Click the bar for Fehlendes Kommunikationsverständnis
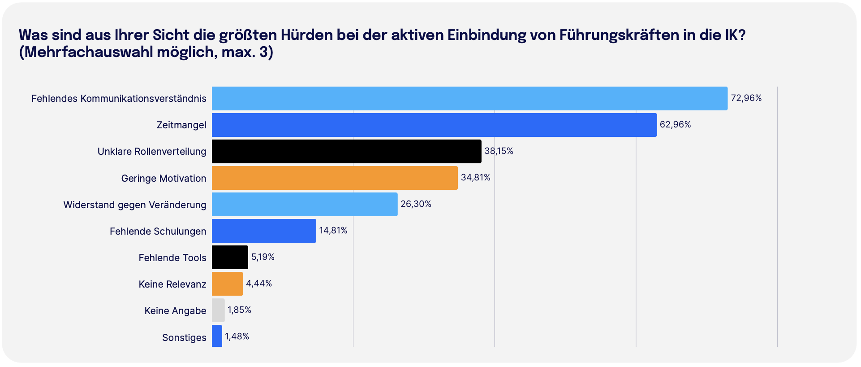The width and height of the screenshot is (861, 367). pyautogui.click(x=469, y=98)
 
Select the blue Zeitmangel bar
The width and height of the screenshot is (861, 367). pyautogui.click(x=434, y=125)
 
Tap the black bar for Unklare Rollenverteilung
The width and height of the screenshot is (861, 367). pyautogui.click(x=346, y=151)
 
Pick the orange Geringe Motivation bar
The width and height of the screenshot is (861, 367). pyautogui.click(x=335, y=178)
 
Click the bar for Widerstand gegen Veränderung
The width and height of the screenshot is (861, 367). pyautogui.click(x=305, y=204)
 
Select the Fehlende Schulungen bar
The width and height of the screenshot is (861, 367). pyautogui.click(x=264, y=231)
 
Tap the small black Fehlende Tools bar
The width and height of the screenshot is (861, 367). pyautogui.click(x=230, y=257)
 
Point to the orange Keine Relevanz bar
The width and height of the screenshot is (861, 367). pyautogui.click(x=227, y=284)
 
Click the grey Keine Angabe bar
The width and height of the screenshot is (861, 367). pyautogui.click(x=218, y=310)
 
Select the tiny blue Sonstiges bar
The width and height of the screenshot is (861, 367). pyautogui.click(x=217, y=336)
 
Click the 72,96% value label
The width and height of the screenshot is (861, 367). pyautogui.click(x=746, y=98)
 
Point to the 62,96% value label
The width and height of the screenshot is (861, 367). pyautogui.click(x=675, y=124)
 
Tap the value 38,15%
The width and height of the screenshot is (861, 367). pyautogui.click(x=499, y=151)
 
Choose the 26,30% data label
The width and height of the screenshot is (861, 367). pyautogui.click(x=416, y=204)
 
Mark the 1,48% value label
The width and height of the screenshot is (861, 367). pyautogui.click(x=237, y=336)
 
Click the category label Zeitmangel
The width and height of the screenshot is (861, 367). pyautogui.click(x=181, y=125)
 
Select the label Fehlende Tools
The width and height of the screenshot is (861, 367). pyautogui.click(x=172, y=258)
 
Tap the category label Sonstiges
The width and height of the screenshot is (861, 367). pyautogui.click(x=184, y=337)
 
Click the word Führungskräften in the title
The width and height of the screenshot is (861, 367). pyautogui.click(x=620, y=35)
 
